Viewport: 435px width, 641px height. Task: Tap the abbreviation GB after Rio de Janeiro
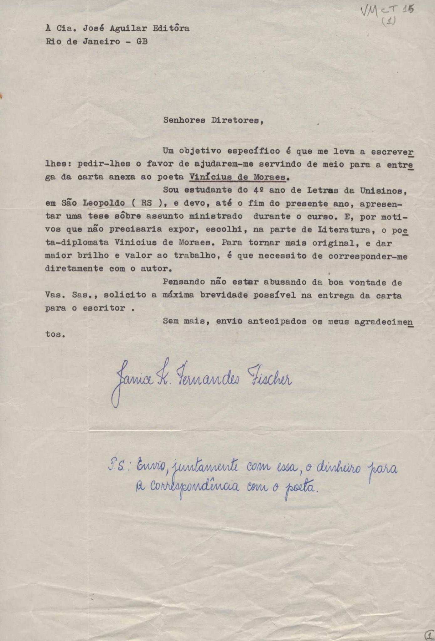[x=142, y=41]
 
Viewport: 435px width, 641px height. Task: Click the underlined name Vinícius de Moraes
[x=238, y=177]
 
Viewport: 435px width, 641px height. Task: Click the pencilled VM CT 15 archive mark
[x=387, y=11]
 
